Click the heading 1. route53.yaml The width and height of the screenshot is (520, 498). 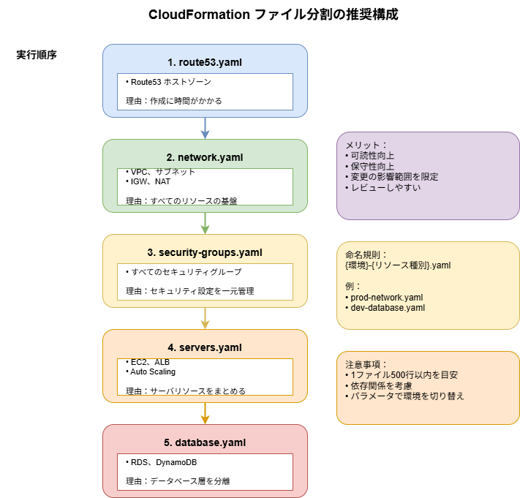click(x=205, y=62)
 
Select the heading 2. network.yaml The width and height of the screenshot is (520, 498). click(x=205, y=157)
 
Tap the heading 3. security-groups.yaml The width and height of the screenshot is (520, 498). click(x=205, y=252)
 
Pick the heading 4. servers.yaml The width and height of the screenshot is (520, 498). click(x=205, y=347)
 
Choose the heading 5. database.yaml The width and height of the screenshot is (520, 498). click(x=205, y=442)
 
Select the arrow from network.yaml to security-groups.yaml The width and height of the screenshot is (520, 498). click(x=205, y=223)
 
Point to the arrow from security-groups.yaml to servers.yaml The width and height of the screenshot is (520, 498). click(x=205, y=318)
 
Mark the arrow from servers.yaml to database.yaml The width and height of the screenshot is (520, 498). click(x=205, y=413)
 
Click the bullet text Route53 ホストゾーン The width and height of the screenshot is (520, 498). click(x=168, y=82)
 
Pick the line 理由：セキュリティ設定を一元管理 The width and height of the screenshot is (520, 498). click(x=189, y=291)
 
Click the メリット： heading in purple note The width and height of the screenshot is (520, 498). click(x=366, y=146)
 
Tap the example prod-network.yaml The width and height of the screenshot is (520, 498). click(x=383, y=297)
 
